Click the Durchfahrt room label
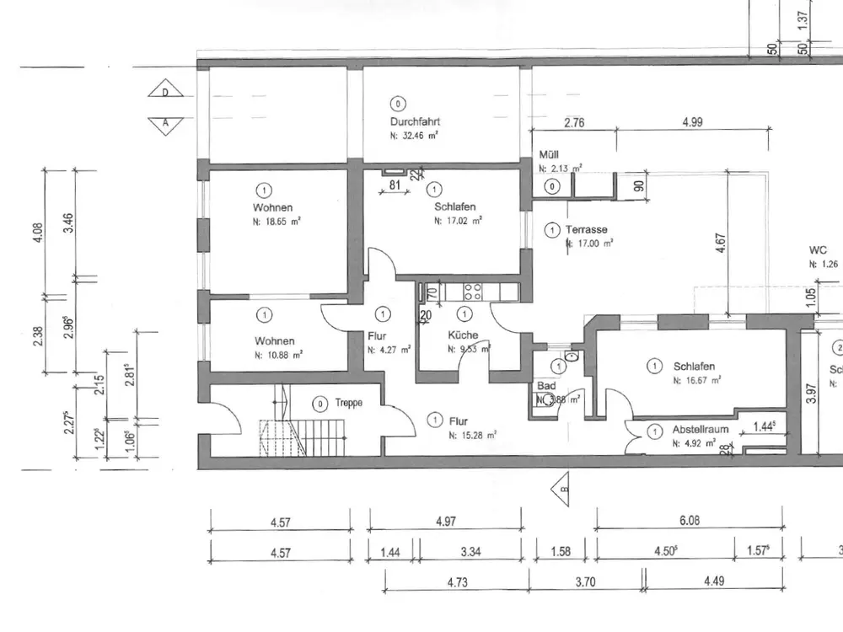pos(415,121)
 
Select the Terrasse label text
pos(588,229)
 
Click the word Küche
pos(464,335)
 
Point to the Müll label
pos(548,156)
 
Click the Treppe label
pos(348,403)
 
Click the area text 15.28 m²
pos(472,434)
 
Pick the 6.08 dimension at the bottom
pos(689,521)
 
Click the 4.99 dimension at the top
pos(692,122)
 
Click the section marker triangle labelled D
pos(165,92)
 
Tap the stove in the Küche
pos(470,292)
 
